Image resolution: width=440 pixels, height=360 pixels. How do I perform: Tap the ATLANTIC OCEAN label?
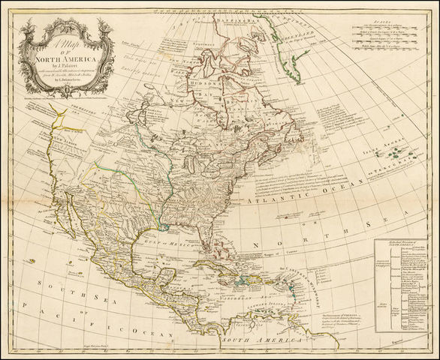pos(278,194)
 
